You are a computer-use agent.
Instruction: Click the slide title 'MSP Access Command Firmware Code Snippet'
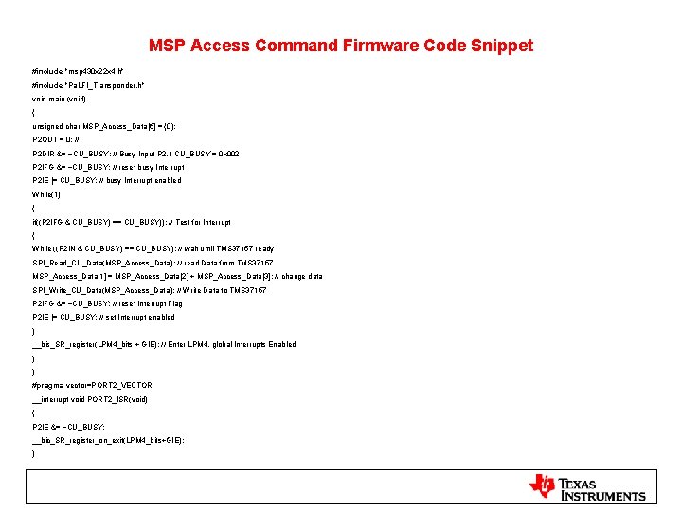pyautogui.click(x=341, y=46)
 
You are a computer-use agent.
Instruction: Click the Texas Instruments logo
pyautogui.click(x=587, y=488)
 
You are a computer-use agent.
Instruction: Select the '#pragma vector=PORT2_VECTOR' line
pyautogui.click(x=92, y=386)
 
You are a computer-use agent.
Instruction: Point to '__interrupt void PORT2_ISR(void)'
pyautogui.click(x=90, y=399)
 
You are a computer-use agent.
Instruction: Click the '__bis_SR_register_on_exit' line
pyautogui.click(x=108, y=440)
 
